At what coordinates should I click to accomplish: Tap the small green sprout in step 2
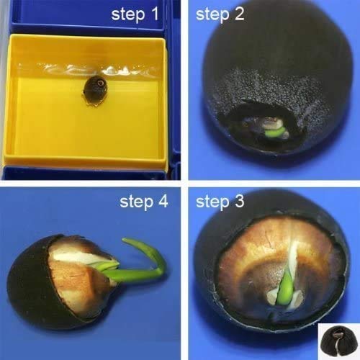(273, 132)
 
